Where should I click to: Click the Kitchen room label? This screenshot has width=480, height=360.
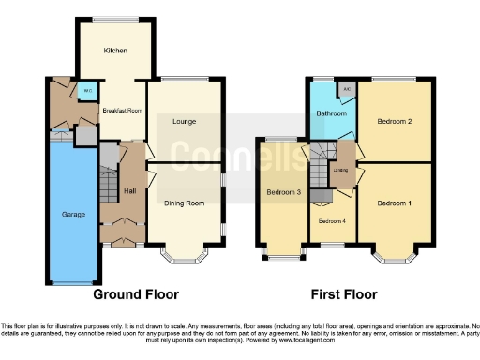[x=115, y=50]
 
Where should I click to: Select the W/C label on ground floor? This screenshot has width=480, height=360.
[x=87, y=91]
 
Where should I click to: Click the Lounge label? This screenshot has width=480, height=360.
[x=184, y=121]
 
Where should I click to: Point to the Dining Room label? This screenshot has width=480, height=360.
[x=184, y=202]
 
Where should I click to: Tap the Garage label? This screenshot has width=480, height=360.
[x=73, y=215]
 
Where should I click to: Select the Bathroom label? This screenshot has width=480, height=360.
[x=331, y=113]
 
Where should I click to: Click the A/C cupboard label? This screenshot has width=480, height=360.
[x=347, y=90]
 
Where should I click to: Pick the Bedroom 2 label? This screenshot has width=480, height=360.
[x=396, y=121]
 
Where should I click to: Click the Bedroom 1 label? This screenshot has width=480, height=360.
[x=396, y=202]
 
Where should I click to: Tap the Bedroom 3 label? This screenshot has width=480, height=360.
[x=284, y=193]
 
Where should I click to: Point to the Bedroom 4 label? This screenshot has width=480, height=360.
[x=331, y=221]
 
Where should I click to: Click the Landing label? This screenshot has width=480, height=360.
[x=341, y=170]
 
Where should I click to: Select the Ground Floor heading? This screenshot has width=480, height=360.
[x=135, y=293]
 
